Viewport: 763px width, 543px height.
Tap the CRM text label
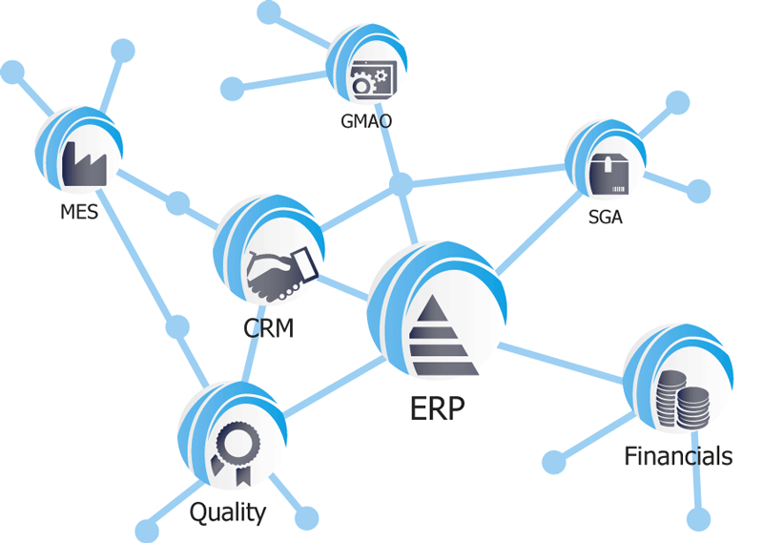tap(268, 329)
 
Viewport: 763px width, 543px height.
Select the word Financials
tap(678, 455)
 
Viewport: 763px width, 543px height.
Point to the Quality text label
tap(227, 512)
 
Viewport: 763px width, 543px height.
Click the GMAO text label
tap(366, 121)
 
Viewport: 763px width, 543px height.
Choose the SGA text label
tap(606, 217)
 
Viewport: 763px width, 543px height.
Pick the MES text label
tap(78, 212)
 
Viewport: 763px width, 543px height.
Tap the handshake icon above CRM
tap(281, 272)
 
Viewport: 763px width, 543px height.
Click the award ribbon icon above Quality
tap(233, 451)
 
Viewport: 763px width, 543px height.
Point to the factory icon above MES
tap(83, 164)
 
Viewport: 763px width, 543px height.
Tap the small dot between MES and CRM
tap(177, 202)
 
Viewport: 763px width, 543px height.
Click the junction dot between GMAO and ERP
tap(402, 183)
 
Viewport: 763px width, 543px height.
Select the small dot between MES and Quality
tap(177, 326)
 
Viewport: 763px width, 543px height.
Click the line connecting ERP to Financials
tap(563, 364)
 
